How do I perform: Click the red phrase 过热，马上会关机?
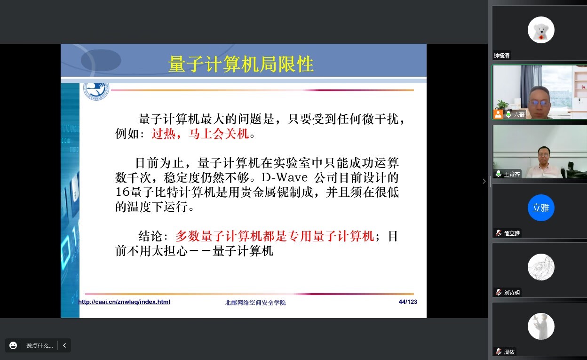click(200, 134)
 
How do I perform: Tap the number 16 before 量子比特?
click(122, 192)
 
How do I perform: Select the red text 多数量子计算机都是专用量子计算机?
click(275, 236)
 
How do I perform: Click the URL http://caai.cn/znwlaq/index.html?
click(124, 302)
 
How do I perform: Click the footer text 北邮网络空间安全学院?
click(255, 303)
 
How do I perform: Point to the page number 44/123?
click(408, 302)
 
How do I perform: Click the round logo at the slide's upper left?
click(96, 90)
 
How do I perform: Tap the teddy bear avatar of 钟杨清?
click(541, 30)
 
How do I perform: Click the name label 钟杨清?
click(501, 56)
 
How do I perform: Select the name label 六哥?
click(519, 114)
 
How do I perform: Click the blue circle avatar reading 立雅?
click(541, 208)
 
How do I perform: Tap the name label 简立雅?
click(512, 233)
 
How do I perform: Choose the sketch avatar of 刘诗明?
click(541, 267)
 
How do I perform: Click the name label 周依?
click(509, 352)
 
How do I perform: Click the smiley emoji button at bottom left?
click(13, 345)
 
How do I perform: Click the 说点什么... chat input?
click(40, 345)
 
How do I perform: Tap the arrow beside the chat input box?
click(64, 345)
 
